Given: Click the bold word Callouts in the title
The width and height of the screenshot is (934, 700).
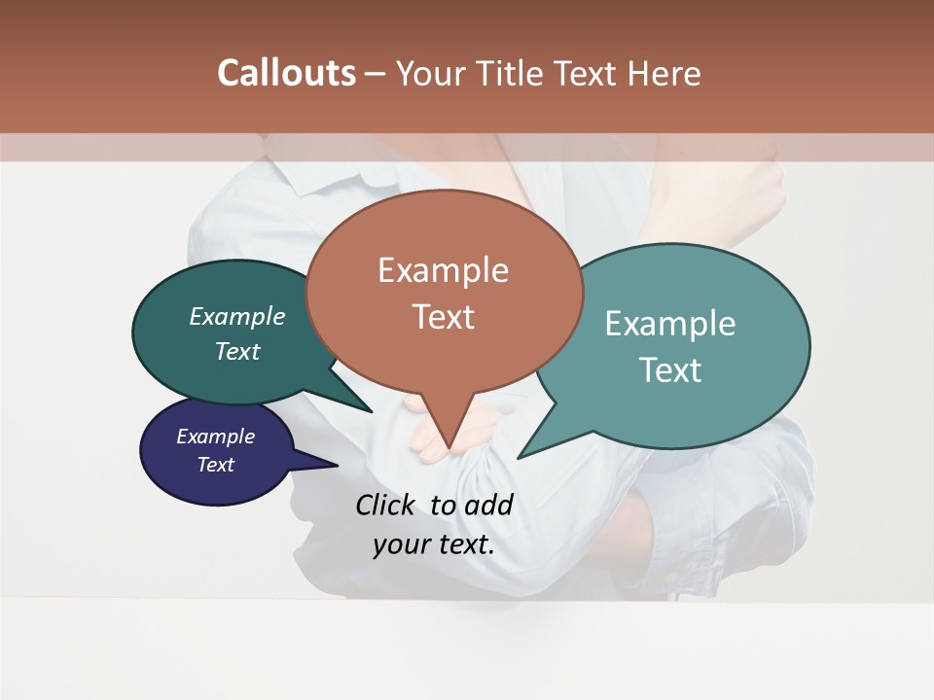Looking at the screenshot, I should pos(286,73).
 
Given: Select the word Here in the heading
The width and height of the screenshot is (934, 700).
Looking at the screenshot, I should pos(665,73).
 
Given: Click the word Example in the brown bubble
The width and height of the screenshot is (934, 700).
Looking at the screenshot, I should pos(443,270).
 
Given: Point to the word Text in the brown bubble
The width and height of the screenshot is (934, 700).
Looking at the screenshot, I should pos(443,317).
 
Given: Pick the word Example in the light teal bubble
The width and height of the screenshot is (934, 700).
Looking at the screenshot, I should pos(670,324).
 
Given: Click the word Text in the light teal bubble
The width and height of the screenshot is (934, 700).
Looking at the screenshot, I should pos(670,370).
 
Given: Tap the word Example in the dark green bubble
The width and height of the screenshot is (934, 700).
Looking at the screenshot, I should pos(237,316).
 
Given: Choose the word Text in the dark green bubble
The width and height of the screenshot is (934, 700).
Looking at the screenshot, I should pos(237,351).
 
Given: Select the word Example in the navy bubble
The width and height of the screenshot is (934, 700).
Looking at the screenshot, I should pos(215,437).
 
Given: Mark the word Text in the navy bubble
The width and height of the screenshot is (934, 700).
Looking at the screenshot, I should pos(215,465).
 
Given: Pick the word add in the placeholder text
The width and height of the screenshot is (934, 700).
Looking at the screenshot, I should pos(488,505).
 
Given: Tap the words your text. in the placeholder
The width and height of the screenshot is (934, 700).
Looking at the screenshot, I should pos(433,544).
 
